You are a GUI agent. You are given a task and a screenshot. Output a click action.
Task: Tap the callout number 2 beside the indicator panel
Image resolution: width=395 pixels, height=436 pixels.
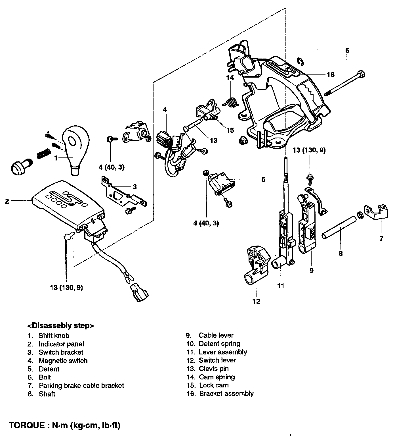point(7,201)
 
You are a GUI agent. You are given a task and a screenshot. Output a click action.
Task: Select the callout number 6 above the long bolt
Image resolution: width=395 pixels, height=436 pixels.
point(347,51)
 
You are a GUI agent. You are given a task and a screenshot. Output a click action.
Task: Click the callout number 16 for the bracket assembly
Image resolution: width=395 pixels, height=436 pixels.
point(331,74)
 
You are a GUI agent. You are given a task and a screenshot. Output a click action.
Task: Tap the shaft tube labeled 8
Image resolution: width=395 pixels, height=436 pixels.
point(338,228)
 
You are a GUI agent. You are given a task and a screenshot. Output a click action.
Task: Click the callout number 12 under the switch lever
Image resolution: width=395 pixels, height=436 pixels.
point(256,301)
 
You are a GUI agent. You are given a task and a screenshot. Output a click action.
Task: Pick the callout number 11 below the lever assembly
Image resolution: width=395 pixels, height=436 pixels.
point(281,286)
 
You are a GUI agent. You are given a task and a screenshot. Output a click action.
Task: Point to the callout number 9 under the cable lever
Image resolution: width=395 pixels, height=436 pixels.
point(311,271)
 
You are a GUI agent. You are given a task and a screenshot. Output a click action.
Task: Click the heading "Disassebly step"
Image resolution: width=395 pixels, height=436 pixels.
point(60,325)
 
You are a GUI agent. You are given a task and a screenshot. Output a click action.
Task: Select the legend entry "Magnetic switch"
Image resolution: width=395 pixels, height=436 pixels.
point(63,361)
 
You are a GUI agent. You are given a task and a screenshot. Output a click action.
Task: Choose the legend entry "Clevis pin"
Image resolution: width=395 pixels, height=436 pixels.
point(213,369)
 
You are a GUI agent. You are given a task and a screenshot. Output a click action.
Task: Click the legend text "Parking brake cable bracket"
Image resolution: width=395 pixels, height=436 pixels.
point(81,386)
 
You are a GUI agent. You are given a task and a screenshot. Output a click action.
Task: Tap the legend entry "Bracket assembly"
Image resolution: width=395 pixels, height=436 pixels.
point(226,394)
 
